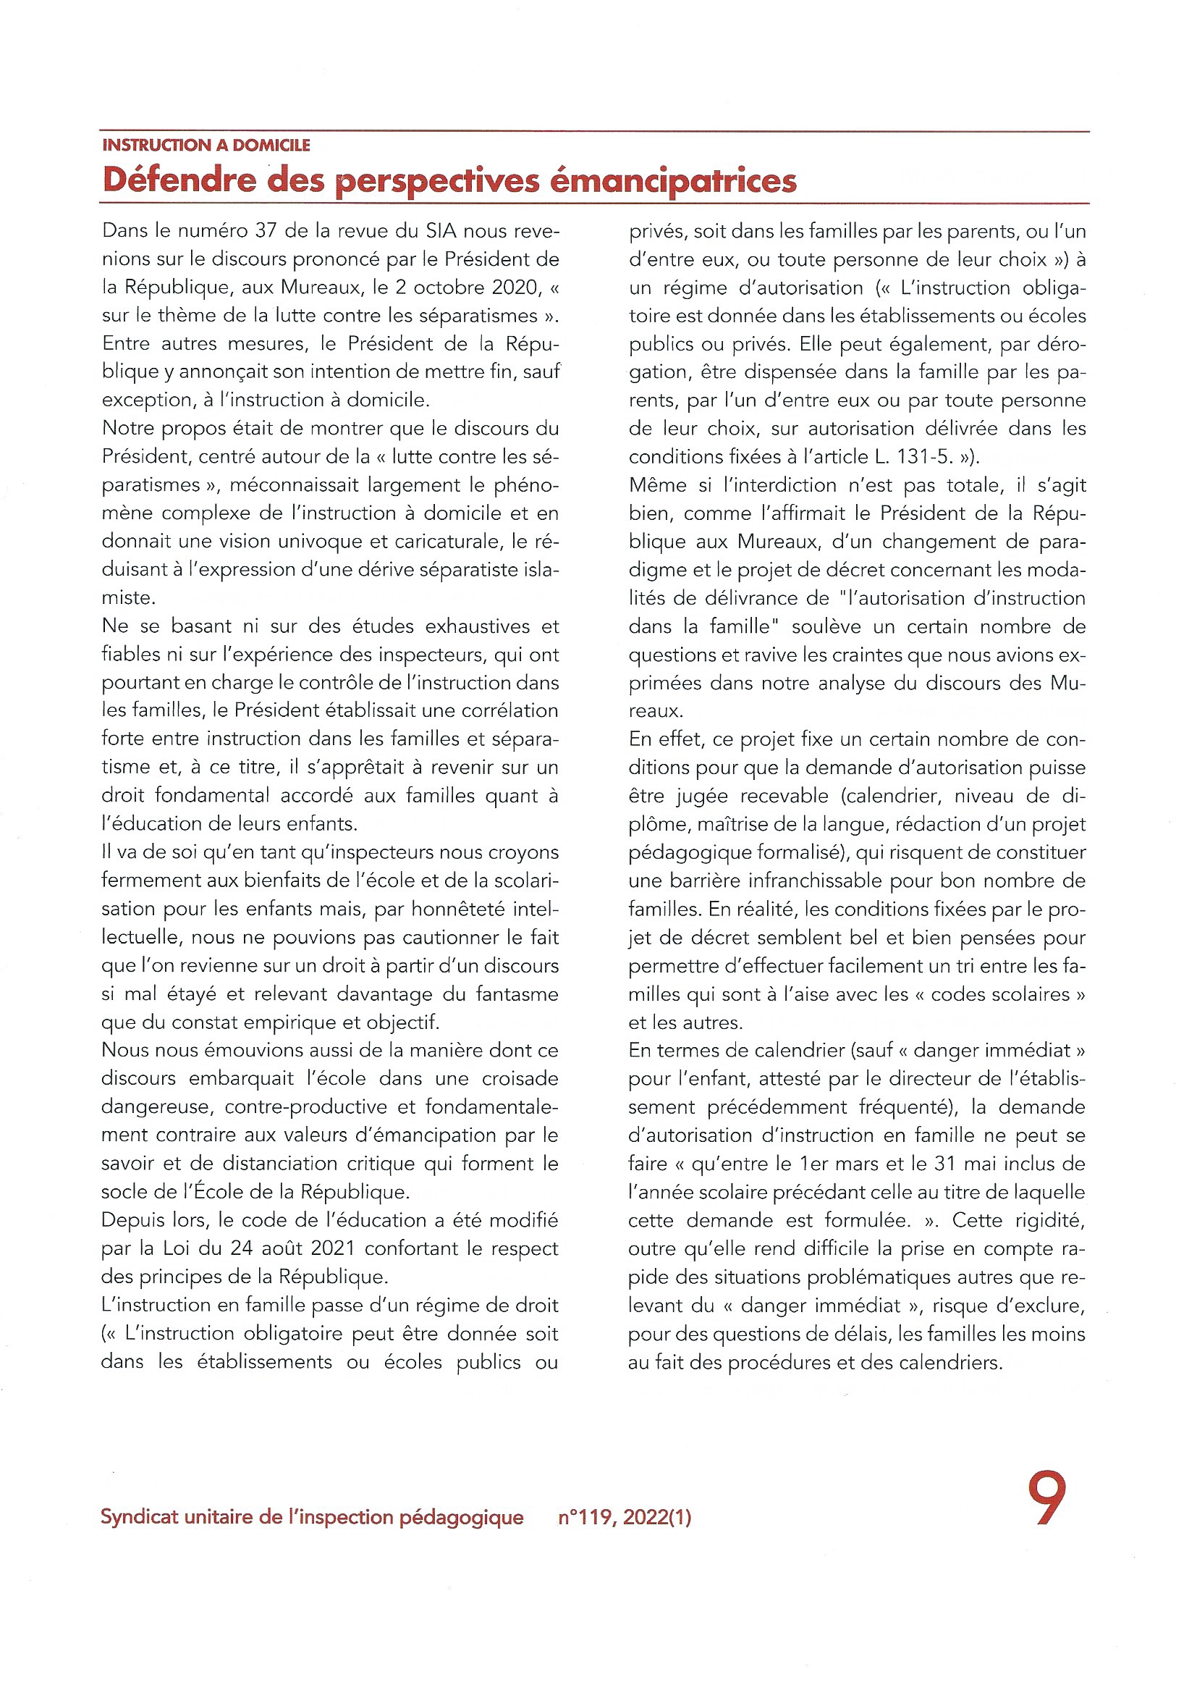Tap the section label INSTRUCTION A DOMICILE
[x=206, y=146]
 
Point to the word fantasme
[x=517, y=994]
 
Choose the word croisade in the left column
[x=520, y=1079]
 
